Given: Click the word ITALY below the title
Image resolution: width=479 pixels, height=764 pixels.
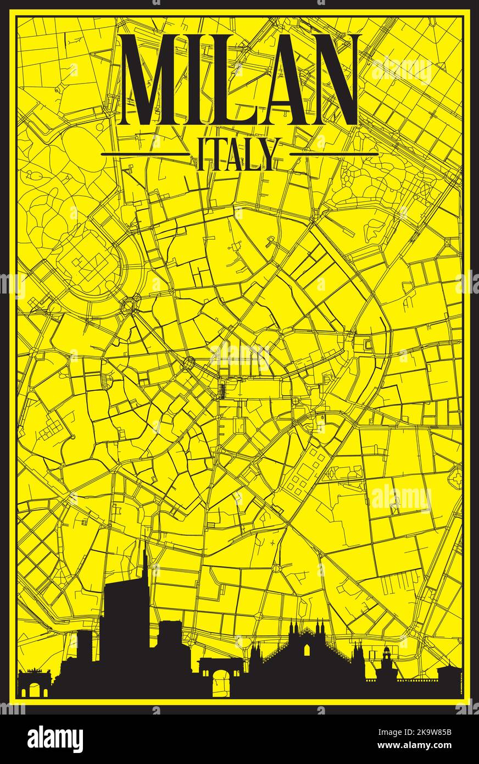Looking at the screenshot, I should click(x=239, y=154).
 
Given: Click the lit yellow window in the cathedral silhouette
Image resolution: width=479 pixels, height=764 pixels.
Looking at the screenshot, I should click(x=307, y=651).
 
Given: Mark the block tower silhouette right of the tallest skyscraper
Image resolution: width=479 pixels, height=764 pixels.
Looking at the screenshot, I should click(x=170, y=640).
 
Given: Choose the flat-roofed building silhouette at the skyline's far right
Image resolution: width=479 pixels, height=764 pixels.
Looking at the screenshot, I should click(x=448, y=682).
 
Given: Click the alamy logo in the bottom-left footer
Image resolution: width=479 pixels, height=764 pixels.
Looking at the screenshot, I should click(x=55, y=739).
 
